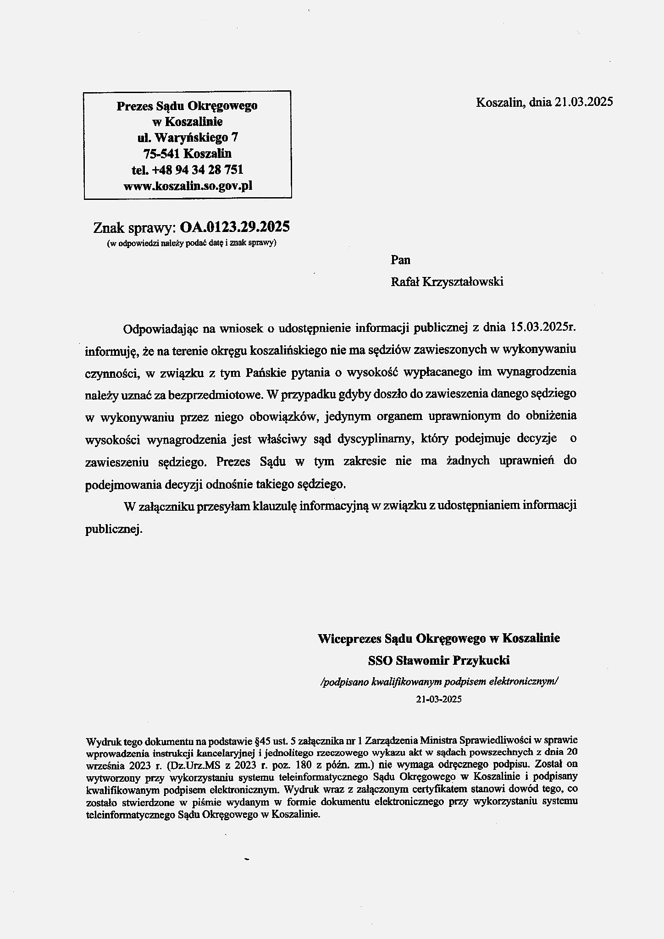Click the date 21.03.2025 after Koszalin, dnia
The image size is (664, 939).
coord(583,102)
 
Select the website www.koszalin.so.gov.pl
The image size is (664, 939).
coord(188,186)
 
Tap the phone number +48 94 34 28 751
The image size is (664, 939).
coord(198,170)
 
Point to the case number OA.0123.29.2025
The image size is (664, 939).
coord(235,226)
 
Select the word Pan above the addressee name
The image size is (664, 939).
coord(400,260)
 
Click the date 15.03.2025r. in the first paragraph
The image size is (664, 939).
coord(542,328)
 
